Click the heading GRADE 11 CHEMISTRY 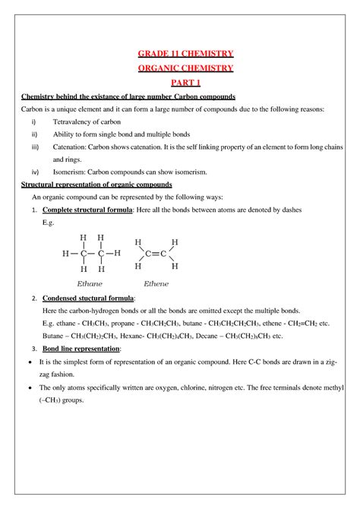coord(180,53)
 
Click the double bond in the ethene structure coord(156,254)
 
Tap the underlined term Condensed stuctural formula coord(88,299)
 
